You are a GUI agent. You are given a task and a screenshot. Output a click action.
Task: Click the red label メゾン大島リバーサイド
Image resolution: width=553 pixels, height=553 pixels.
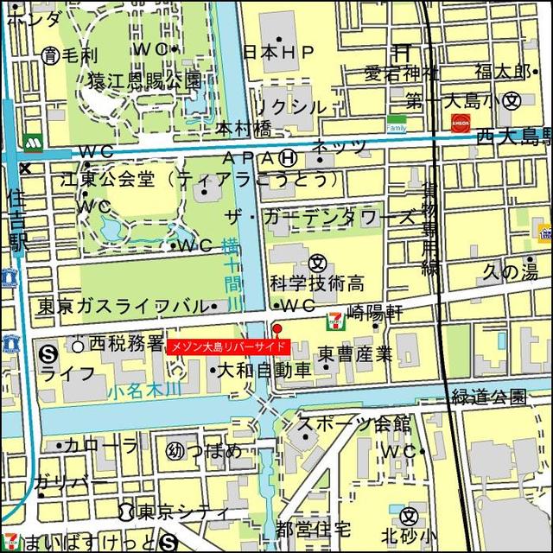coord(226,346)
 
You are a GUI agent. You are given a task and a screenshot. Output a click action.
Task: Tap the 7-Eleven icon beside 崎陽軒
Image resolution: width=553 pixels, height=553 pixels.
coord(333,321)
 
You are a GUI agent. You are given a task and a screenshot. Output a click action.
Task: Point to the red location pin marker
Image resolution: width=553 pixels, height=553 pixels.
coord(276,329)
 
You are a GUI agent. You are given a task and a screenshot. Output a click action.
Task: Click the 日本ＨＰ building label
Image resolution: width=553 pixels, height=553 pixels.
coord(279,53)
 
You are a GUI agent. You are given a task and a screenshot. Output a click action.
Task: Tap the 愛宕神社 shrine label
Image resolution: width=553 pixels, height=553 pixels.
coord(401,73)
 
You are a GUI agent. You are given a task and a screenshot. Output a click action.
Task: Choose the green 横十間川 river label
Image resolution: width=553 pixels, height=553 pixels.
coord(232,275)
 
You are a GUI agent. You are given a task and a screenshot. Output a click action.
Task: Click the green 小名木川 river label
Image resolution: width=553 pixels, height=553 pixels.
coord(145,391)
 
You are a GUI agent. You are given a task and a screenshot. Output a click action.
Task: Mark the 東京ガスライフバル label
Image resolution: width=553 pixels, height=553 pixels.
coord(121,307)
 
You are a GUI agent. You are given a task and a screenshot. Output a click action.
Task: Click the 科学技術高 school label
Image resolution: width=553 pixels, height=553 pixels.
coord(316,283)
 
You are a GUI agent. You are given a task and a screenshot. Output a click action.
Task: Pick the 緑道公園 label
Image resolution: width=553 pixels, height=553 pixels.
coord(489,397)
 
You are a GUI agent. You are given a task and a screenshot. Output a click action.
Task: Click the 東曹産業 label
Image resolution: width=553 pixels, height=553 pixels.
coord(354,353)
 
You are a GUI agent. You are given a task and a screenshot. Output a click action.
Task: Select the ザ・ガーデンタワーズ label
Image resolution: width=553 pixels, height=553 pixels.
coord(320,216)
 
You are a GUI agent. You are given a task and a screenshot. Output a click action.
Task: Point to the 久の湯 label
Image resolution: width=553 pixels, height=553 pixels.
coord(510,272)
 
